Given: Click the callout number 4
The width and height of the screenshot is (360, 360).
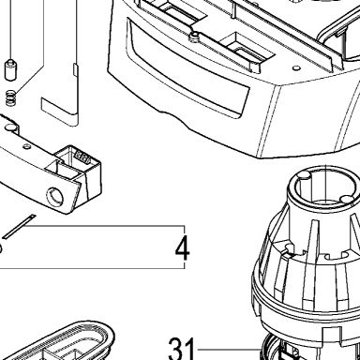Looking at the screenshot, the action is (x=182, y=248).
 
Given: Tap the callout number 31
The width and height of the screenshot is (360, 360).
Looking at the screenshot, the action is (x=181, y=348).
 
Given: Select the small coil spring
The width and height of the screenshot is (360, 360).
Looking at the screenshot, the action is (x=11, y=97).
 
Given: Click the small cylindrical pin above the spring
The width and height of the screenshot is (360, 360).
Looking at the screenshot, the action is (x=10, y=68).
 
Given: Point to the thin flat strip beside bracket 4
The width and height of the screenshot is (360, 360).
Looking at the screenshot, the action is (x=20, y=226).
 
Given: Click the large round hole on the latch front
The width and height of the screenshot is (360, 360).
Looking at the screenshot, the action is (x=55, y=198).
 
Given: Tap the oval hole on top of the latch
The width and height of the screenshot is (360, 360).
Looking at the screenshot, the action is (x=10, y=127).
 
